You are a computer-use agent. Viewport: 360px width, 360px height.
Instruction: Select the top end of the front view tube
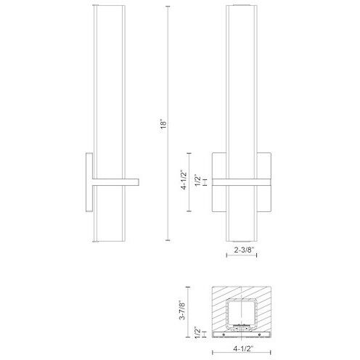tap(240, 7)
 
